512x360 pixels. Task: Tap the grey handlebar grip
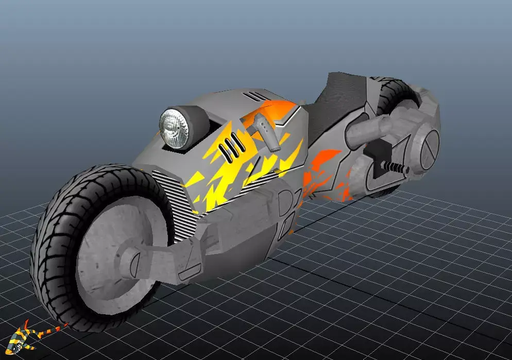click(269, 133)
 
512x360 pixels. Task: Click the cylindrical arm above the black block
click(368, 129)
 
